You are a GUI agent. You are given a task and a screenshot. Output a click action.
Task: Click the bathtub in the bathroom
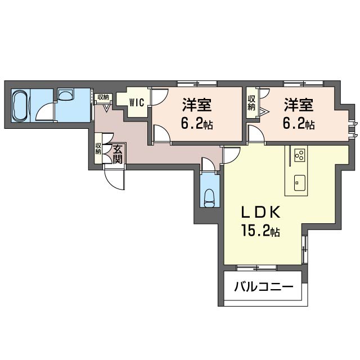click(x=21, y=106)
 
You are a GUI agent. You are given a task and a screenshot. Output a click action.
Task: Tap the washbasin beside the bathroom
click(x=66, y=94)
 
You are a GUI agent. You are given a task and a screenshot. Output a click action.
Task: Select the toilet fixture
click(x=209, y=197)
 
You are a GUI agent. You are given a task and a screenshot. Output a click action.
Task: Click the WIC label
click(x=137, y=102)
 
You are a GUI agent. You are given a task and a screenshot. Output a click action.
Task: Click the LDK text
click(x=260, y=213)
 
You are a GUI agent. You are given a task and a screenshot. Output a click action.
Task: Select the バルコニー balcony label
click(x=264, y=287)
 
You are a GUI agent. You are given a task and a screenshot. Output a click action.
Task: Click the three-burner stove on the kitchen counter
click(x=300, y=155)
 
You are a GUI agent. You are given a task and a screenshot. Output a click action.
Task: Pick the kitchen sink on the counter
click(x=300, y=183)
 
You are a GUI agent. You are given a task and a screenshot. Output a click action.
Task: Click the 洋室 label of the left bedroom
click(x=197, y=105)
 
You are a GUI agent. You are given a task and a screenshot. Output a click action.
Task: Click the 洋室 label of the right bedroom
click(x=299, y=105)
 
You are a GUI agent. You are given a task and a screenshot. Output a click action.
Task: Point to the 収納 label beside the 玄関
click(x=98, y=148)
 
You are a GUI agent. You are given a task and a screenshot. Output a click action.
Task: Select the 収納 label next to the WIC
click(x=103, y=97)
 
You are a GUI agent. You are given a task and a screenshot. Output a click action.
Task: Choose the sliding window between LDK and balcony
click(x=256, y=268)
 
